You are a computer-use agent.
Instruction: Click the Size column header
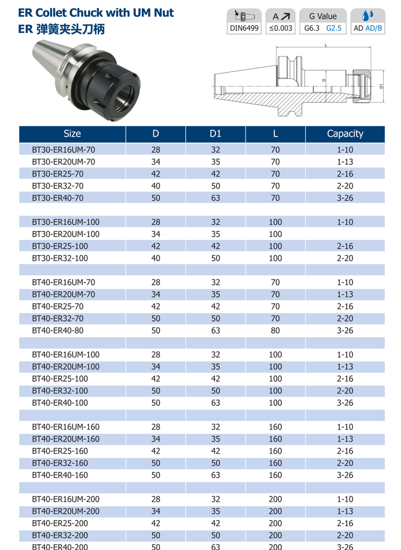click(72, 134)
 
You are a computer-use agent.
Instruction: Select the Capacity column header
click(345, 134)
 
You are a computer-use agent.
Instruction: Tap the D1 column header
click(215, 134)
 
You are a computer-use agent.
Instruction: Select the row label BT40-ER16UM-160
click(65, 427)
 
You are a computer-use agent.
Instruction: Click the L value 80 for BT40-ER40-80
click(275, 330)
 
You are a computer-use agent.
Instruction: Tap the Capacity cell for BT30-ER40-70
click(345, 198)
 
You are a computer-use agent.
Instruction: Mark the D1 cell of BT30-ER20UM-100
click(215, 234)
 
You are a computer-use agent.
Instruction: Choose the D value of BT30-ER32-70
click(156, 186)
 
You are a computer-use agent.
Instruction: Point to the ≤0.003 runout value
click(280, 28)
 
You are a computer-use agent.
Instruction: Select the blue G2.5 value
click(334, 28)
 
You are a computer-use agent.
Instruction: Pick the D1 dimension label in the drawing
click(381, 86)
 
